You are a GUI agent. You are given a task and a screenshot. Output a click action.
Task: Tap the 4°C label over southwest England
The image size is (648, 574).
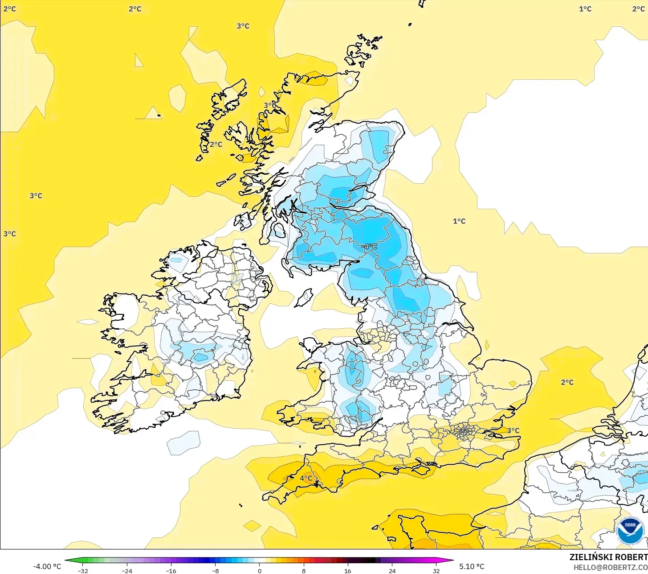coord(306,478)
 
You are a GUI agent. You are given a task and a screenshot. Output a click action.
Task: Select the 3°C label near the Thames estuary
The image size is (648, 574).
coord(513,430)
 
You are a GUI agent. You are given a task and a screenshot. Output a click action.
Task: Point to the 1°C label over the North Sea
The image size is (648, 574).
coord(459,221)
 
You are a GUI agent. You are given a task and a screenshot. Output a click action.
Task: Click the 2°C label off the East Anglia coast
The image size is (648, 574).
coord(567,382)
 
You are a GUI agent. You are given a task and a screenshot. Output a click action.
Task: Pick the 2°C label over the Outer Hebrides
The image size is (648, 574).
coord(216,144)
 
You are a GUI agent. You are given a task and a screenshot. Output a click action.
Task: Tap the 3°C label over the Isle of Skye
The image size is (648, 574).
coord(269,105)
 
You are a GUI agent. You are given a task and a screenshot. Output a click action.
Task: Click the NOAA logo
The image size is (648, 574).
coord(630,531)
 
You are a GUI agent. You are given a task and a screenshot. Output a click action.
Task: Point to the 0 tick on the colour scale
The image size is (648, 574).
coord(259,570)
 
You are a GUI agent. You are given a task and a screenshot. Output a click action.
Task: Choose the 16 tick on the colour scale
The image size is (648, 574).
coord(347,570)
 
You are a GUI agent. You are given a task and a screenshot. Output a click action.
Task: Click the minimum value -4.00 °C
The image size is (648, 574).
coord(47,566)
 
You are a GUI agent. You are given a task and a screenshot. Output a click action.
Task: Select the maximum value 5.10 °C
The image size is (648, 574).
coord(472,566)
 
